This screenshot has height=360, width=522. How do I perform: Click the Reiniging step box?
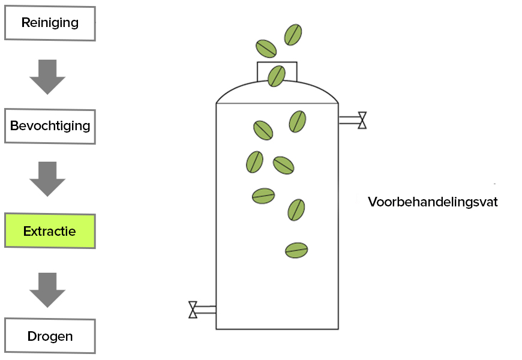(x=50, y=23)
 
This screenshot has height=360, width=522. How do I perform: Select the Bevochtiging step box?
(x=50, y=126)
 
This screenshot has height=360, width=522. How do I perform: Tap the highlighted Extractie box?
(x=50, y=230)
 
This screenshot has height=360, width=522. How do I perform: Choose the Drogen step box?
(x=50, y=336)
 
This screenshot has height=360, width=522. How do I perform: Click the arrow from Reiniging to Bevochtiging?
(x=47, y=76)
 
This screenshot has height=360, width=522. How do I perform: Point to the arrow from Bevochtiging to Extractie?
(x=47, y=179)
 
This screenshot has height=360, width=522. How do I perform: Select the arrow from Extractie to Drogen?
(x=47, y=290)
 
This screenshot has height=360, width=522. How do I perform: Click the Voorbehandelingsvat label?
(x=433, y=202)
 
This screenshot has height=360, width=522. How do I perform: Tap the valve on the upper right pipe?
(x=362, y=121)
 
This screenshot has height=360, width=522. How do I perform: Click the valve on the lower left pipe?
(x=193, y=310)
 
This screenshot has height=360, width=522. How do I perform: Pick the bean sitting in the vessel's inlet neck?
(x=277, y=76)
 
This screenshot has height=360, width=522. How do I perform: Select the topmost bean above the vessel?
(x=293, y=34)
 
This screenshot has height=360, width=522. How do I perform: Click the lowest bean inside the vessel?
(x=296, y=250)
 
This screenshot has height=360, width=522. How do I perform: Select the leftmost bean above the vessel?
(x=266, y=48)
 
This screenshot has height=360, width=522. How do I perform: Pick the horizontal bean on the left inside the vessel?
(x=263, y=196)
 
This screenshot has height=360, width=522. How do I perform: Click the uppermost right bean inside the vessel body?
(x=298, y=121)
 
